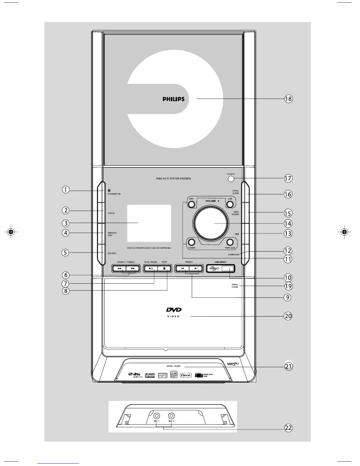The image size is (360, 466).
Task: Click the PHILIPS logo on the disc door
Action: pos(174,99)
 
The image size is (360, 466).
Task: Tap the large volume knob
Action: pos(210,223)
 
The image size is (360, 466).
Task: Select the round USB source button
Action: pos(230,203)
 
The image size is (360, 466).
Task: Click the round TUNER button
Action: pos(191,242)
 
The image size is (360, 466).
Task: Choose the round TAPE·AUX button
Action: pos(230,242)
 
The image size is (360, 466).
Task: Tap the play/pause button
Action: pos(150,268)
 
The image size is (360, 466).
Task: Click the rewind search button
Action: pos(119,268)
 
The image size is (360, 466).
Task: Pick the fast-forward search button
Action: pos(133,268)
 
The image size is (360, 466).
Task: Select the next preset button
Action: pos(196,268)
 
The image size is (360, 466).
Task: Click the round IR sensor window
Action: pos(231,179)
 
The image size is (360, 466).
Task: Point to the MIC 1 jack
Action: pos(157,416)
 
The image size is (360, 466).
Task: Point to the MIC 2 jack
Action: pos(171,416)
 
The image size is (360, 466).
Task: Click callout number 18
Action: pos(288,99)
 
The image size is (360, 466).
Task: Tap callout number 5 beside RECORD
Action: pos(66,252)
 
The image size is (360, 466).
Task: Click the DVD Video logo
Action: pos(174,312)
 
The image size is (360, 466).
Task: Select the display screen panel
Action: pos(149,223)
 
